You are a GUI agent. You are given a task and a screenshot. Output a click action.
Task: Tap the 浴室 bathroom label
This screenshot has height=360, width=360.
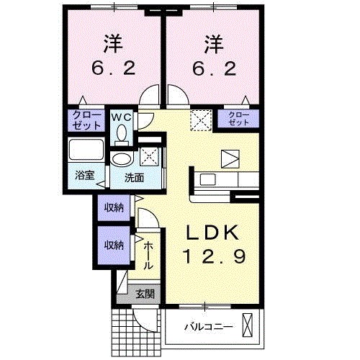[x=86, y=175]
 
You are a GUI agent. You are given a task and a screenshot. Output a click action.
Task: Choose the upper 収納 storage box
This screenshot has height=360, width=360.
[x=114, y=208]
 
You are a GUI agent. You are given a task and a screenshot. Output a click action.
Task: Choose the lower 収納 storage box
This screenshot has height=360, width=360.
[x=114, y=245]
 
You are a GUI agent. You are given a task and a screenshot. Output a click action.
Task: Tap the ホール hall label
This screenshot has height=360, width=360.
[x=148, y=255]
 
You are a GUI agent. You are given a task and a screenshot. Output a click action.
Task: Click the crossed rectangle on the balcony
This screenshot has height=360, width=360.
[x=248, y=326]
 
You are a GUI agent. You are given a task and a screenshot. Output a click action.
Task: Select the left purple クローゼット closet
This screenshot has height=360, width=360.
[x=86, y=119]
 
